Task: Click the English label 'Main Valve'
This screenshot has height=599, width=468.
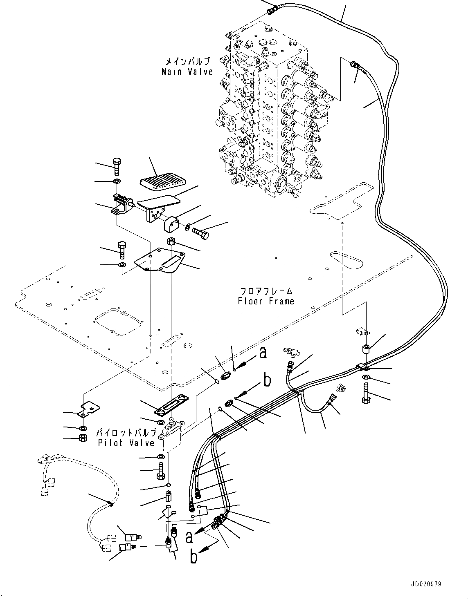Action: (x=187, y=72)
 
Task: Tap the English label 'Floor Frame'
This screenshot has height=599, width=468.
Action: (x=266, y=301)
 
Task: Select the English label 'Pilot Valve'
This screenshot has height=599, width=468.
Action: (x=126, y=443)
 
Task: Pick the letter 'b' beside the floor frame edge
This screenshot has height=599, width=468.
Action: (x=267, y=380)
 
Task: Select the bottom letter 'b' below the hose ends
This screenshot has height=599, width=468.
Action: (x=194, y=557)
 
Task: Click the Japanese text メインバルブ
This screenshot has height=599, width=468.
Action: (x=187, y=62)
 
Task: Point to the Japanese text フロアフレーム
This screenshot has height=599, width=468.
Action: (x=266, y=291)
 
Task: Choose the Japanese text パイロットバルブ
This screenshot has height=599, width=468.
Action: (x=126, y=433)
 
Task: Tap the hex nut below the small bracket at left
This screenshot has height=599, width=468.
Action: (x=81, y=438)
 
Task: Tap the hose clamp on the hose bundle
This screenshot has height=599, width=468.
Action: (x=362, y=367)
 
